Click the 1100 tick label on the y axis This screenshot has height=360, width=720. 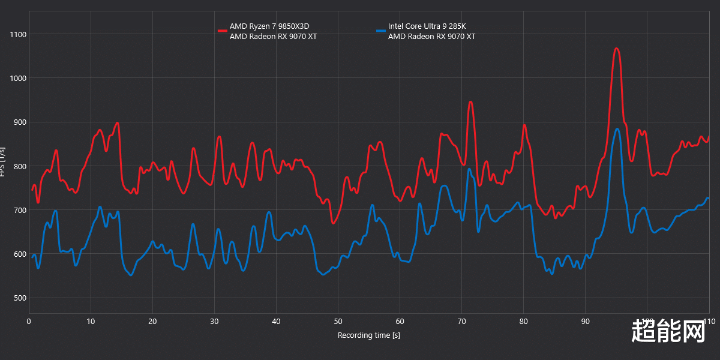coord(18,34)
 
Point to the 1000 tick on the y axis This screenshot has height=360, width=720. coord(18,78)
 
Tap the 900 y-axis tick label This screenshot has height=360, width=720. coord(20,122)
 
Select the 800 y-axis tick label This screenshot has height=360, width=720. coord(20,166)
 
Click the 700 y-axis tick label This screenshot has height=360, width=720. coord(20,210)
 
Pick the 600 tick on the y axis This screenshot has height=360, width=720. coord(20,254)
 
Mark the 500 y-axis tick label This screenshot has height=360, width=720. coord(20,298)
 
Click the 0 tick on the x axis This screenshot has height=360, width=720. coord(29,321)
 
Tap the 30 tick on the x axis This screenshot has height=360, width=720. coord(214,321)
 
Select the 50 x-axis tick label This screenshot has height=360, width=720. coord(338,321)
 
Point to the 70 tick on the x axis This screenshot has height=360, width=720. coord(461,321)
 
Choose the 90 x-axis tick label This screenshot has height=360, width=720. coord(586,321)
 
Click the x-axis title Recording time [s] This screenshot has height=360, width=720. coord(368,335)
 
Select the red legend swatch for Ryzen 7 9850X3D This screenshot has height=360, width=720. coord(222,30)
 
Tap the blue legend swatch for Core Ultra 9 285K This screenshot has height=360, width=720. coord(380,30)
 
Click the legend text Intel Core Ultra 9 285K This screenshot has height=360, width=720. coord(427,26)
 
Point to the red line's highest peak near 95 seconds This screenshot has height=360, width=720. coord(616,49)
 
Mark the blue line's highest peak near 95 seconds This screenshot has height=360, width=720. coord(617,128)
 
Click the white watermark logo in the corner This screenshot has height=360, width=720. coord(668,331)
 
